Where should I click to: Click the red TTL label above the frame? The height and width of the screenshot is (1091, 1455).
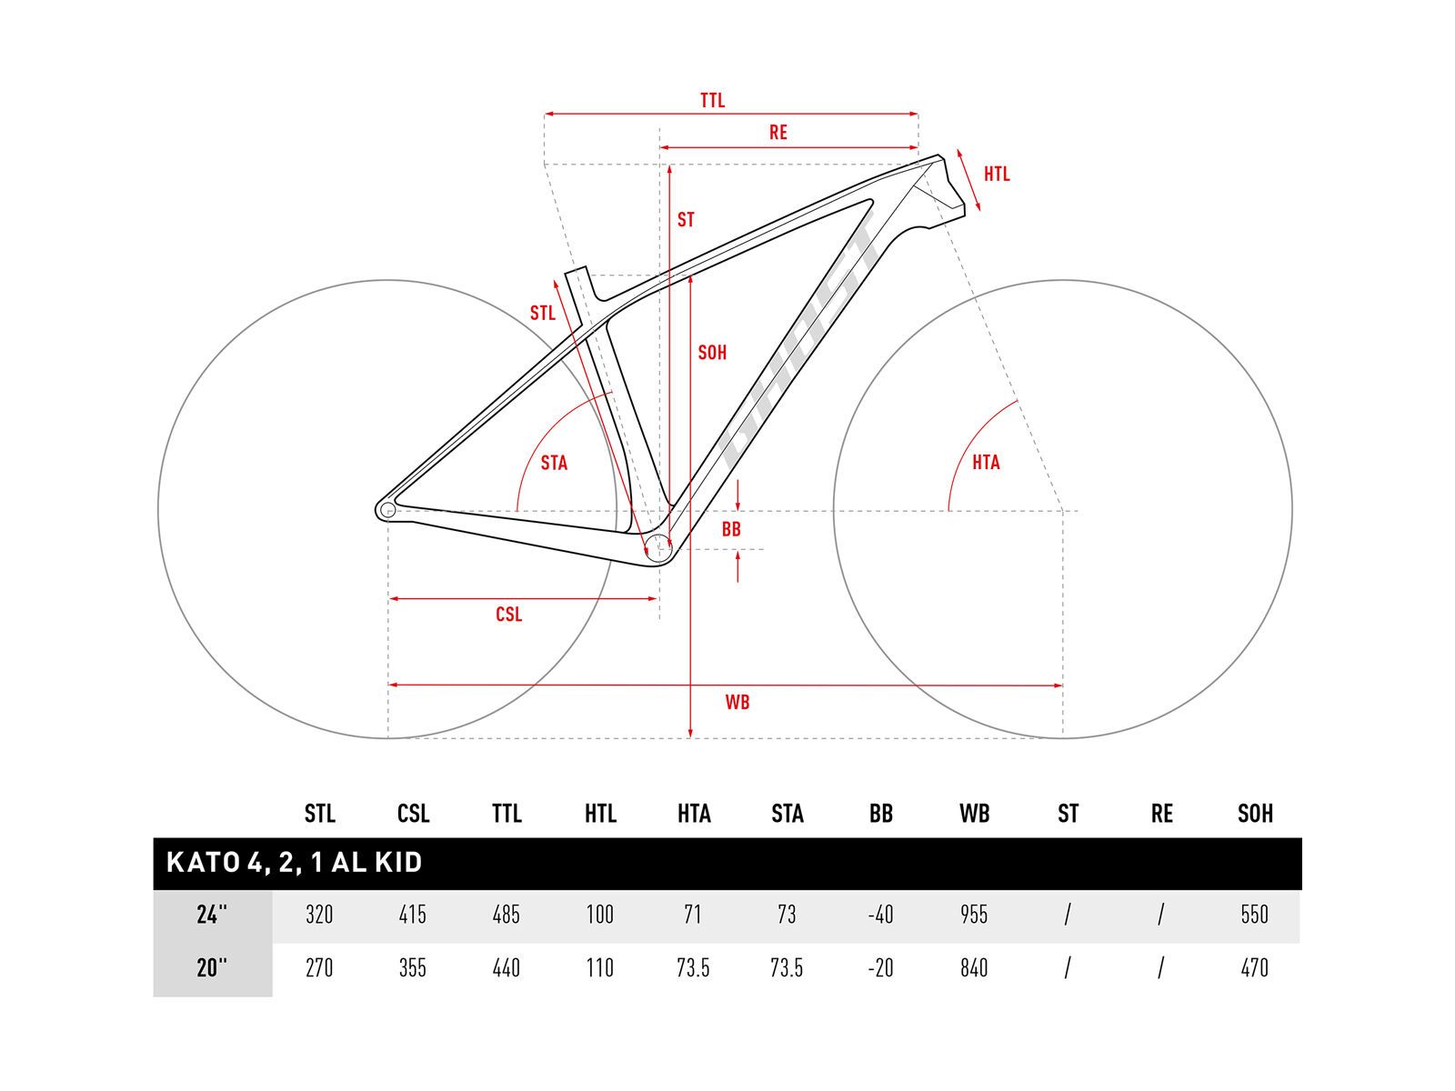713,101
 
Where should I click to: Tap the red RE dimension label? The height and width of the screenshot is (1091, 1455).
778,133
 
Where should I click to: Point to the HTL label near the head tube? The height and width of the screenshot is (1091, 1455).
997,175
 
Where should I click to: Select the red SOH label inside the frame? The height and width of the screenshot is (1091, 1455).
713,353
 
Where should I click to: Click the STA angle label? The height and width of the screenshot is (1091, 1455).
554,463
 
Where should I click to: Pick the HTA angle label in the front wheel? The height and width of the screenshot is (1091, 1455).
987,463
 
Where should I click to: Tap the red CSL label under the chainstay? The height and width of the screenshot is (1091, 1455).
509,615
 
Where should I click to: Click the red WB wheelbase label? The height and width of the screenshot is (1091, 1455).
738,702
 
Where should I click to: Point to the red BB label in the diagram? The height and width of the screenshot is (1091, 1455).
731,529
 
